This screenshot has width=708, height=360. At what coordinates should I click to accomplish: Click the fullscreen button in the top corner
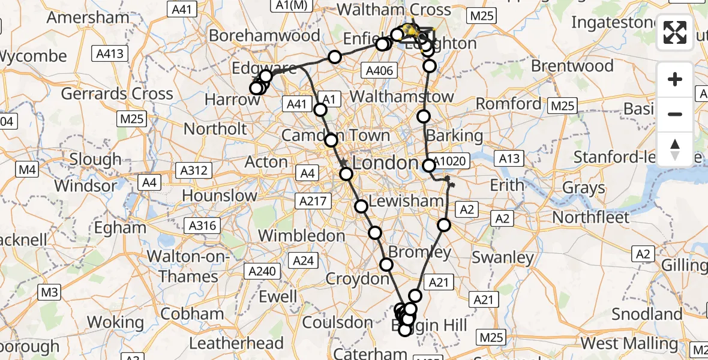[675, 32]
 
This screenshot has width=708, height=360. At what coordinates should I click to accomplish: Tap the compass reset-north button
[675, 149]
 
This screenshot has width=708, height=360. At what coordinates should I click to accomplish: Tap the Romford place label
[509, 104]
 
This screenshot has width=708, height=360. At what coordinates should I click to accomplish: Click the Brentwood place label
[572, 65]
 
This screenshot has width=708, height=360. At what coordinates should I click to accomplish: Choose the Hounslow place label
[220, 195]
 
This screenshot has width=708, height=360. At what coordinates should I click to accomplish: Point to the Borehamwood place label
[265, 35]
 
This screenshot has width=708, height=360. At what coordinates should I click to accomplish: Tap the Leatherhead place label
[236, 343]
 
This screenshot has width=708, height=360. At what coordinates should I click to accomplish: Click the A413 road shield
[110, 54]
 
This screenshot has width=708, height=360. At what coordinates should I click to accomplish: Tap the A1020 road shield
[448, 160]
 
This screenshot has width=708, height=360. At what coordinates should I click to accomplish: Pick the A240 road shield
[262, 271]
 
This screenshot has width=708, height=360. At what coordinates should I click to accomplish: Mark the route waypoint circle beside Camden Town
[331, 140]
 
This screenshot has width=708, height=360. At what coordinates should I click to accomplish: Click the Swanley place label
[503, 258]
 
